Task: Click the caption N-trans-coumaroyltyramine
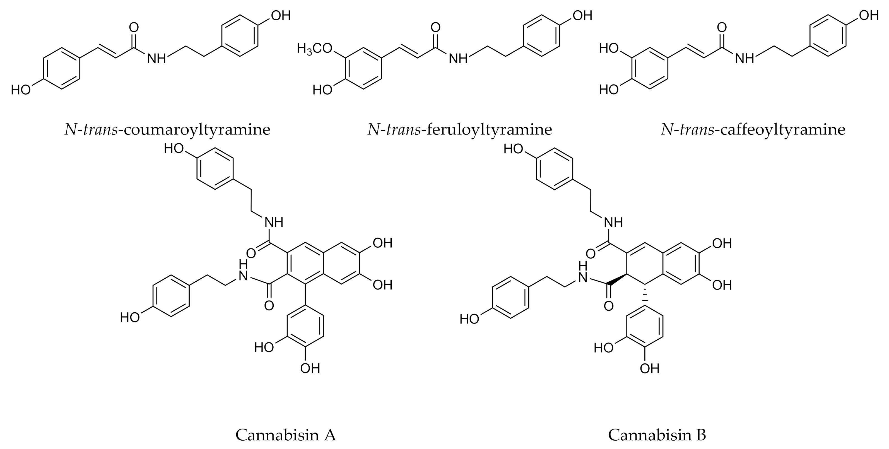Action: coord(167,130)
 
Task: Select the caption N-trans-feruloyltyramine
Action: coord(460,130)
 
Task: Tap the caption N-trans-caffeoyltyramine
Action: coord(753,130)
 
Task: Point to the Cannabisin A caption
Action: coord(286,435)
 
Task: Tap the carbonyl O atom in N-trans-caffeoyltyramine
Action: coord(722,27)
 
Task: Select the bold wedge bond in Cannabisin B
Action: coord(618,279)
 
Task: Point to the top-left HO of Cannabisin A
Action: coord(174,149)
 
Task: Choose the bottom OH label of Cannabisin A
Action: coord(310,368)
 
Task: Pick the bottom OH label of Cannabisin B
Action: coord(649,368)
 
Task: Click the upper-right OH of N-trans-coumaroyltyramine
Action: coord(281,16)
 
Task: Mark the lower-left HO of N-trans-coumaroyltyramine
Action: coord(21,90)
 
